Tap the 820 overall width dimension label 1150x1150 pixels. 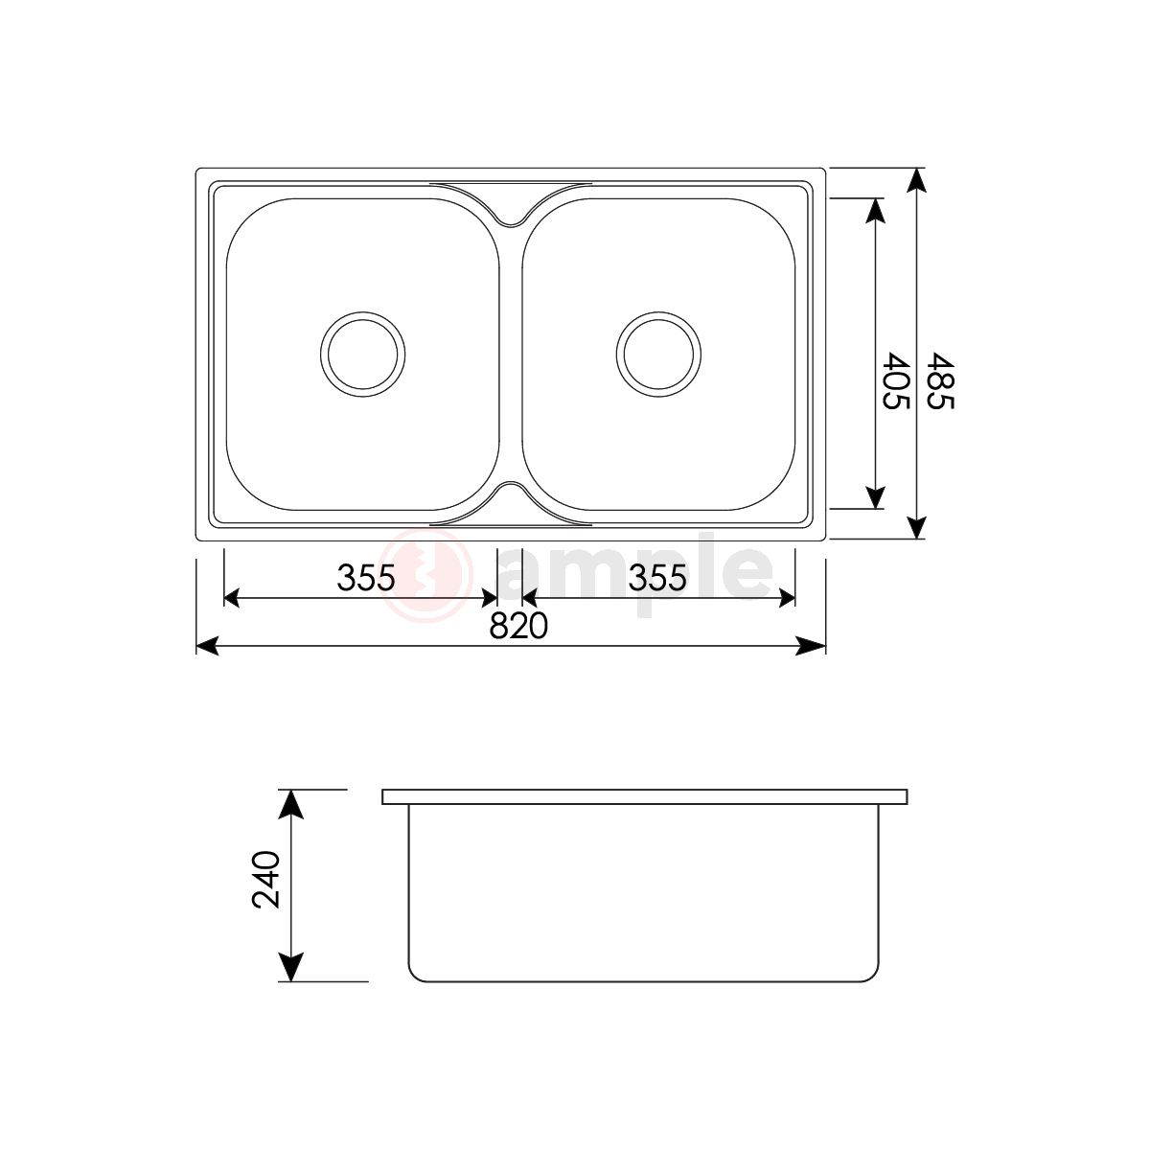coord(518,626)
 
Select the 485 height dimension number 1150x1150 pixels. coord(941,380)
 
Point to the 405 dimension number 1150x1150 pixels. coord(895,380)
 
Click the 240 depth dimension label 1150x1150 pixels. coord(266,881)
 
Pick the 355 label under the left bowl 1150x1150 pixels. coord(366,578)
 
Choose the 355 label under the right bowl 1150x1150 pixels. coord(657,578)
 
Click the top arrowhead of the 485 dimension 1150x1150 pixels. coord(917,179)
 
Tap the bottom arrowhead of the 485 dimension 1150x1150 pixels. coord(917,527)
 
